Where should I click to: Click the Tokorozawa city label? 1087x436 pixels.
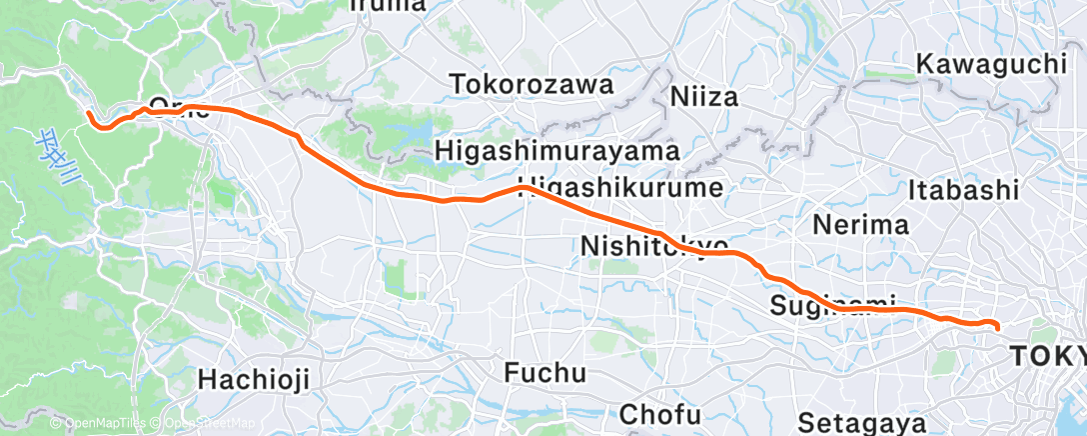click(x=532, y=85)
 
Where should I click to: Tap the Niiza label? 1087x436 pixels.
click(x=703, y=98)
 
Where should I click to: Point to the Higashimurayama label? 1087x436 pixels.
click(x=557, y=151)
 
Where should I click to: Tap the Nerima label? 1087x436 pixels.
click(x=859, y=223)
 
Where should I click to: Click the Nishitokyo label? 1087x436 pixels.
click(x=653, y=246)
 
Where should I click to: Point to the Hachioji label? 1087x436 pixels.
click(x=255, y=379)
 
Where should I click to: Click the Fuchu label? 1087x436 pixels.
click(x=544, y=374)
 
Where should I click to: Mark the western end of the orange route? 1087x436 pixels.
click(x=90, y=115)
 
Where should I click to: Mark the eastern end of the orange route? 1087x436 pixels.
click(x=996, y=328)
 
